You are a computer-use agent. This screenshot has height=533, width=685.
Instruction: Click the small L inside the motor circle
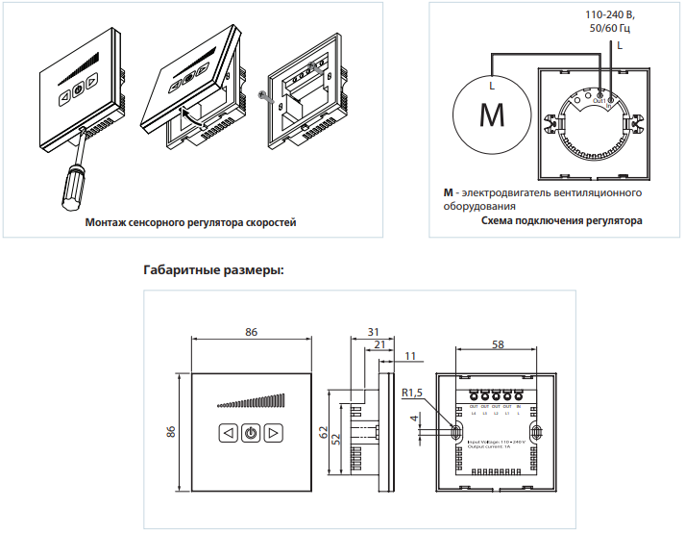coord(492,86)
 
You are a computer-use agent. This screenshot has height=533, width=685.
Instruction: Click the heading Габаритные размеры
coord(212,269)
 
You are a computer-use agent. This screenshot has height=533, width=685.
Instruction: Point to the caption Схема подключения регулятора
coord(561,220)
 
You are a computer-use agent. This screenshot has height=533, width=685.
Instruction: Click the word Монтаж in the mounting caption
coord(105,222)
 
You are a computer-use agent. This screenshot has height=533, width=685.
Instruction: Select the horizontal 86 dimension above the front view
coord(252,331)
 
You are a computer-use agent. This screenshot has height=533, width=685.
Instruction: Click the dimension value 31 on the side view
coord(373,331)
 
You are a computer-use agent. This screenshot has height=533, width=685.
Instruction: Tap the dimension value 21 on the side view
coord(379,343)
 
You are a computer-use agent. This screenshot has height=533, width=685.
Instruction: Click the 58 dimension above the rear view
coord(496,343)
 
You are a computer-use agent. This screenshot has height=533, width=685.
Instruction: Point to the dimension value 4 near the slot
coord(414,419)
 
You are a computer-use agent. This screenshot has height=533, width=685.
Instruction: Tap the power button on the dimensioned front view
coord(251,433)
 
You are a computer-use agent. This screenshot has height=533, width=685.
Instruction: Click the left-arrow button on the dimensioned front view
coord(228,433)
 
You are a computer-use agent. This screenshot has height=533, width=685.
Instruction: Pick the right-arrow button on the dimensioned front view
coord(274,433)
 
